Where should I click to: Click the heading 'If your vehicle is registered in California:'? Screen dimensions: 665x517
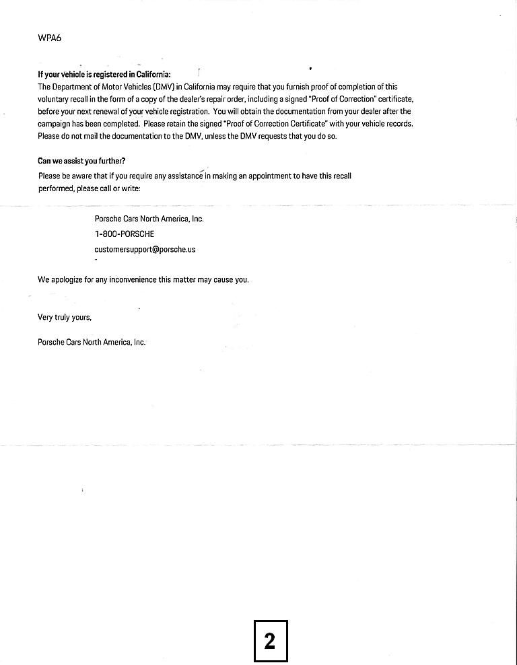104,75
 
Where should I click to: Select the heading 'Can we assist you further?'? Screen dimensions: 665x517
81,161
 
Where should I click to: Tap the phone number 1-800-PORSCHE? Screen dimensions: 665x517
125,234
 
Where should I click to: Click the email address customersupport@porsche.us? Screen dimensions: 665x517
145,249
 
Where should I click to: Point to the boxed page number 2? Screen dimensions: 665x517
270,640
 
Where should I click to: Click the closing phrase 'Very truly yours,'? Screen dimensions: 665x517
65,317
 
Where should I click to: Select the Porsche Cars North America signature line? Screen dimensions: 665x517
92,342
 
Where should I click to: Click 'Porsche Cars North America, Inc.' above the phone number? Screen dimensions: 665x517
149,219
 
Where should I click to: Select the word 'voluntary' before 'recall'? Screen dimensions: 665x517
55,99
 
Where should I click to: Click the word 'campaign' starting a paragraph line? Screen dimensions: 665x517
54,124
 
